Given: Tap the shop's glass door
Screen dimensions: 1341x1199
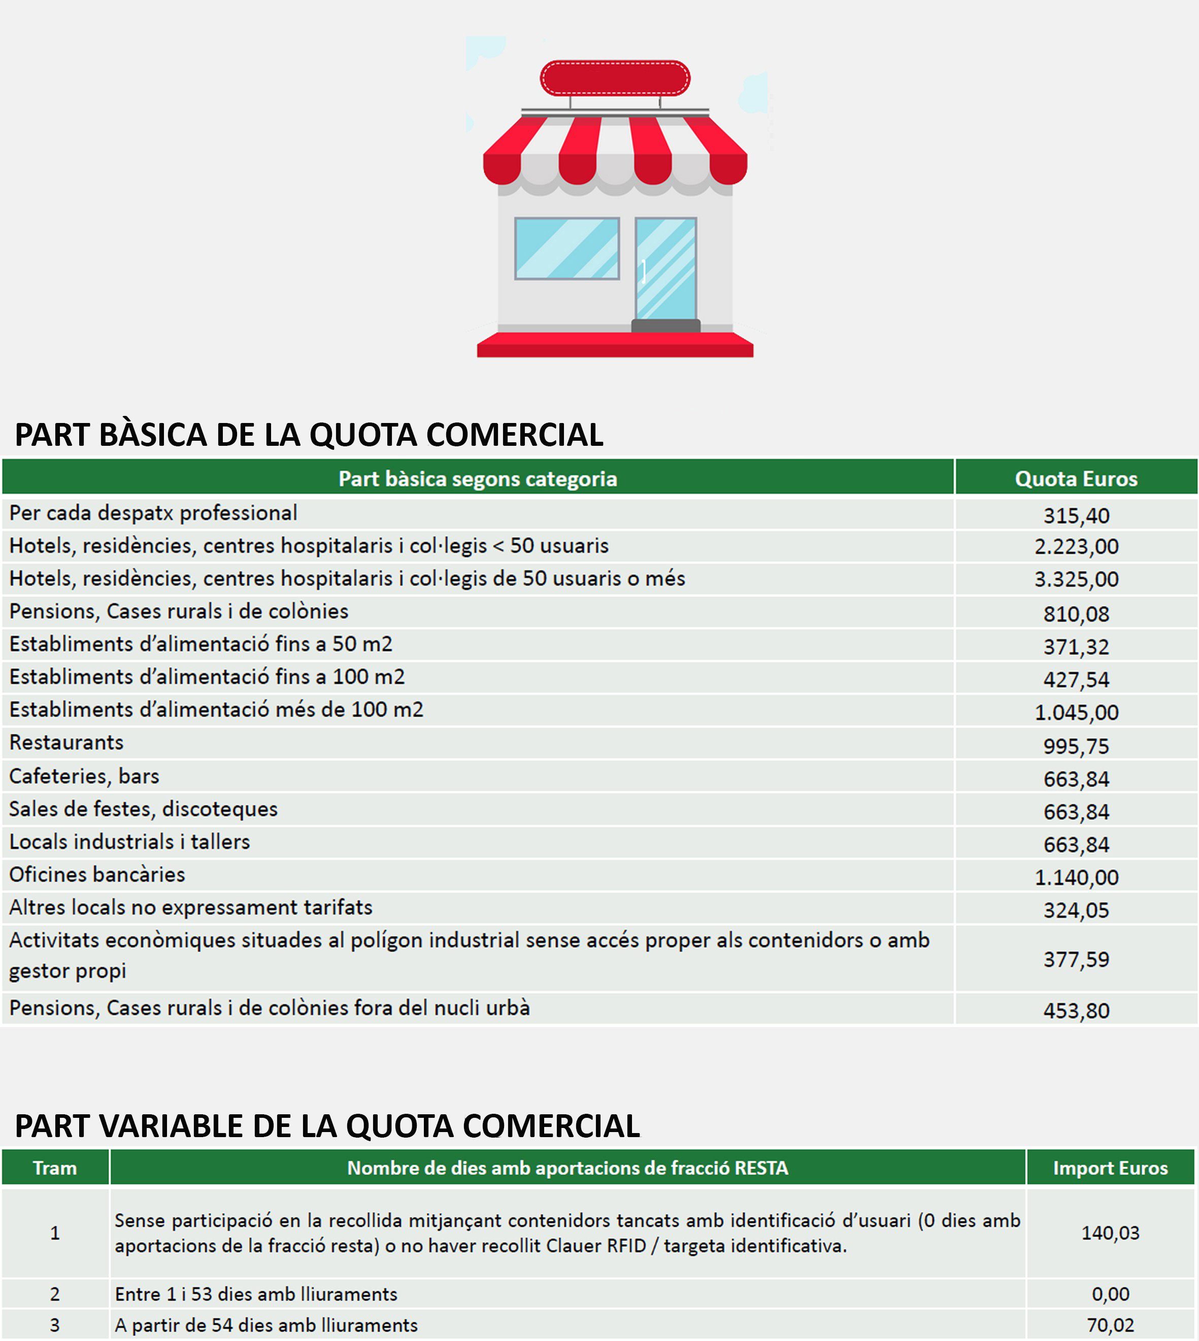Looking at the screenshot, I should tap(665, 269).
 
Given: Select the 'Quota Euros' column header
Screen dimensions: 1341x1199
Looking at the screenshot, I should tap(1076, 479).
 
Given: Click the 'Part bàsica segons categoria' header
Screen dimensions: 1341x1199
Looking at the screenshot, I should tap(478, 479).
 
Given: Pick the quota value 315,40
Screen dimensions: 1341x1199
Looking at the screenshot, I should tap(1076, 515).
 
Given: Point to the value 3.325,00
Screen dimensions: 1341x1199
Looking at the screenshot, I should tap(1076, 579).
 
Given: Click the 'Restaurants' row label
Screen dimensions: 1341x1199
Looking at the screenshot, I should tap(66, 743).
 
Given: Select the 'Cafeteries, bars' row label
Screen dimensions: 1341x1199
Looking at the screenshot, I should tap(84, 776).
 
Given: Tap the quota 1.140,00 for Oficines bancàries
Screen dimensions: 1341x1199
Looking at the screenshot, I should tap(1076, 877).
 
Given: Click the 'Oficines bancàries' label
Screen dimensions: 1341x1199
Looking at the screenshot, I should tap(97, 874).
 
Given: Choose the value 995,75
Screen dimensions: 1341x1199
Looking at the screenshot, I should tap(1076, 746).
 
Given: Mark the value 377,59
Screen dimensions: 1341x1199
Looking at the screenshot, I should tap(1076, 959).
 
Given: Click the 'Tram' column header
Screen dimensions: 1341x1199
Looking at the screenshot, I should tap(55, 1168).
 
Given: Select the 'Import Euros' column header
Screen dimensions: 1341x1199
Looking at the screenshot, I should tap(1110, 1168).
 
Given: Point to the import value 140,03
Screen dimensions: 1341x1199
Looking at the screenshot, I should tap(1110, 1232).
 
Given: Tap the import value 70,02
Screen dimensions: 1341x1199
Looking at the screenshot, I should tap(1110, 1325).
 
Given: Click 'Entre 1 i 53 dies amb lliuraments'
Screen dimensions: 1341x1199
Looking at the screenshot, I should tap(256, 1294).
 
